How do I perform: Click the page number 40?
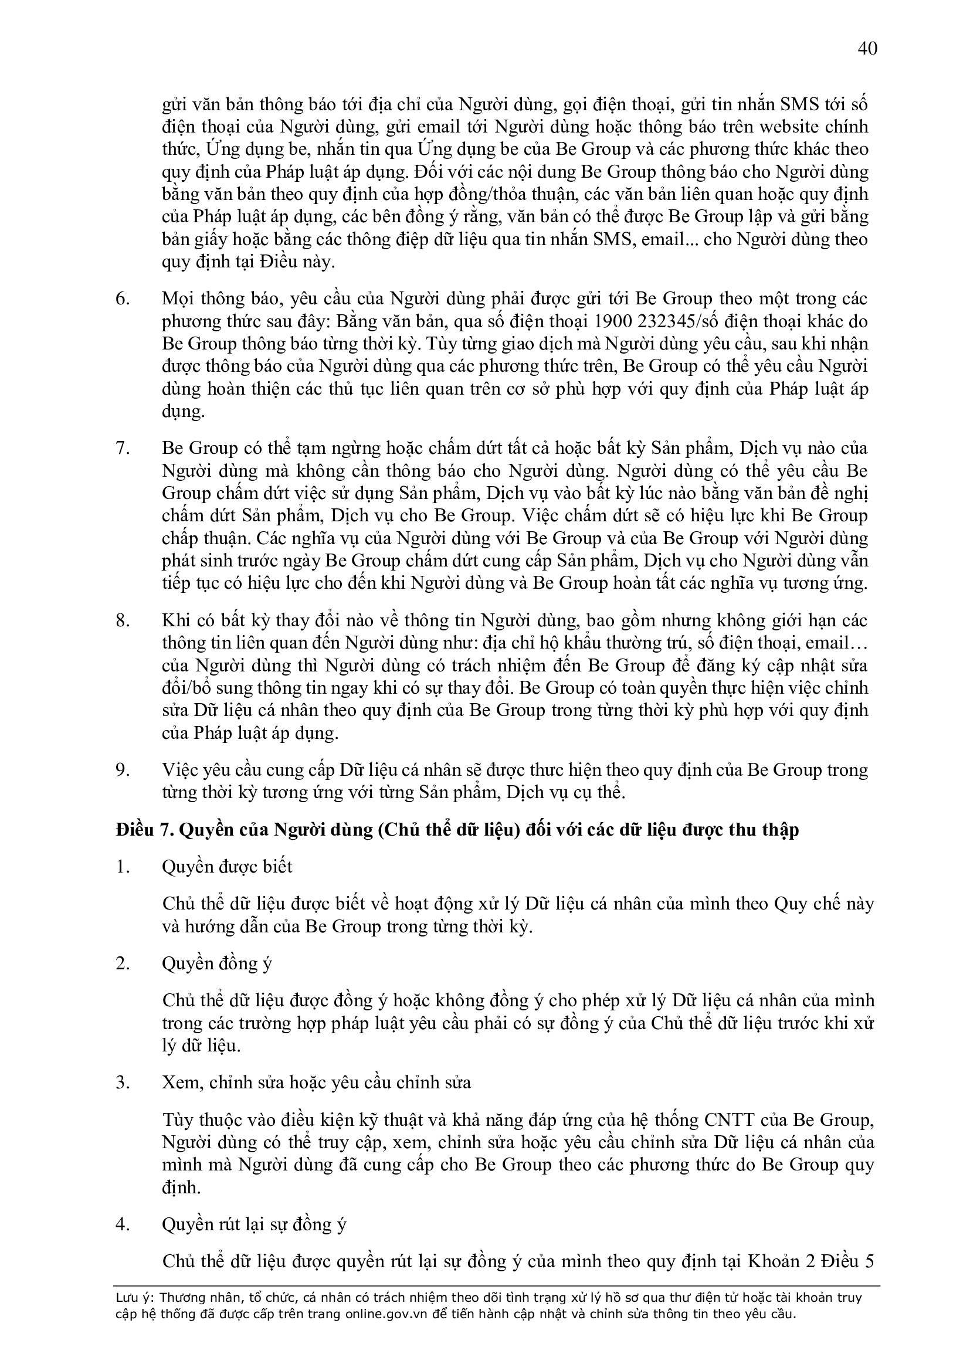tap(867, 48)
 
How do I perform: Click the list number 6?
tap(123, 299)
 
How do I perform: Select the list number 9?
tap(123, 771)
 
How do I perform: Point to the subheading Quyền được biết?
tap(227, 867)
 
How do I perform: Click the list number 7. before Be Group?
tap(123, 449)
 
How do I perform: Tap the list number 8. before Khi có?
tap(123, 621)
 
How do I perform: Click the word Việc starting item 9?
tap(180, 771)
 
